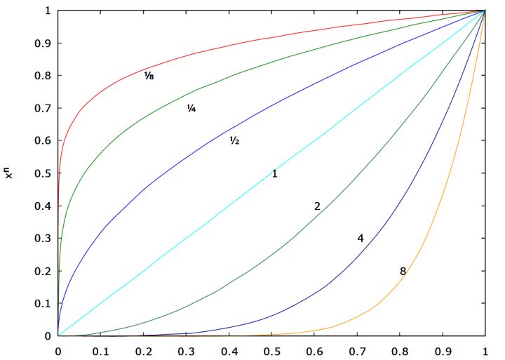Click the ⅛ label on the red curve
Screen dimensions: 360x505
coord(149,75)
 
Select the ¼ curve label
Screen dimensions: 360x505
coord(191,108)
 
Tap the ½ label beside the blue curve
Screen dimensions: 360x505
coord(234,140)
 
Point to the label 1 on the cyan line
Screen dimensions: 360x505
coord(275,173)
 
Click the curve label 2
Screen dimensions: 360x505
coord(317,206)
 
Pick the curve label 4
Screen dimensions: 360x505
coord(361,239)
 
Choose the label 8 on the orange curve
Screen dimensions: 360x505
coord(403,271)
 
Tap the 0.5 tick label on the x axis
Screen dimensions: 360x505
coord(271,349)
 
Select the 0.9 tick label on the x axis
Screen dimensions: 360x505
coord(443,349)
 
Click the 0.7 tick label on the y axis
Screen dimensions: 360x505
coord(43,108)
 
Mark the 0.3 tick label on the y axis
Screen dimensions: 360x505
coord(43,239)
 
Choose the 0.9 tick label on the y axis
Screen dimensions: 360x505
coord(43,44)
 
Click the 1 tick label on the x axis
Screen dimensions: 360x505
coord(485,349)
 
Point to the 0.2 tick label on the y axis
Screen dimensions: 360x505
coord(43,271)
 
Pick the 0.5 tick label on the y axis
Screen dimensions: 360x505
coord(43,173)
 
